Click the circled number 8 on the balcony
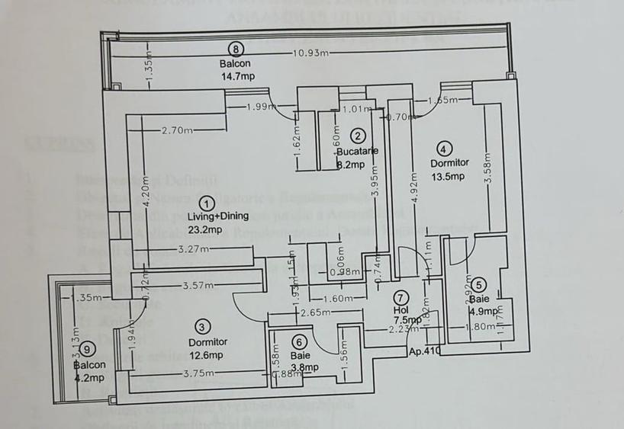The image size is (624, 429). [237, 49]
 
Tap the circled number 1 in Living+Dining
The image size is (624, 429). [206, 203]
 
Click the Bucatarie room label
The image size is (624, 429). [358, 151]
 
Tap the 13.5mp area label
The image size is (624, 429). [449, 178]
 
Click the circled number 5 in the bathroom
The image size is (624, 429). [478, 285]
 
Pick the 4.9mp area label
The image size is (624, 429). [484, 311]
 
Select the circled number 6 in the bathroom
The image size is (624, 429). [300, 341]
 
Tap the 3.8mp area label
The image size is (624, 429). [305, 367]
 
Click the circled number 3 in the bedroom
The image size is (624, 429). [202, 327]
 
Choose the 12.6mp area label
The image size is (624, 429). [207, 355]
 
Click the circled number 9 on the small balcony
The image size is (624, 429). [89, 349]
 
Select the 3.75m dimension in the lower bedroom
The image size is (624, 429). [198, 373]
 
